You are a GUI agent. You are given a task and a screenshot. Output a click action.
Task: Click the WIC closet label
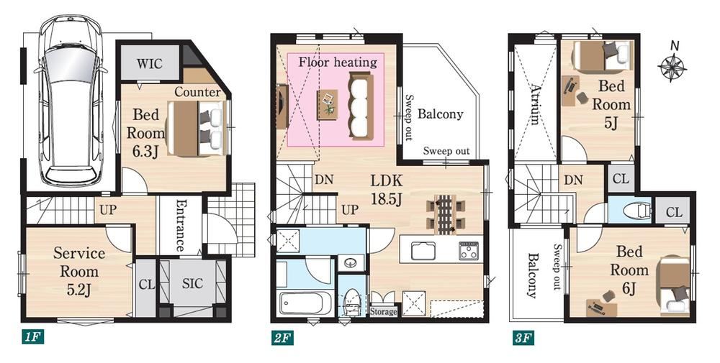[149, 63]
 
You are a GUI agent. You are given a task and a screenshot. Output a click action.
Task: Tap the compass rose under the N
[672, 67]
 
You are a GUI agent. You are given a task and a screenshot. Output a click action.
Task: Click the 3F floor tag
[523, 339]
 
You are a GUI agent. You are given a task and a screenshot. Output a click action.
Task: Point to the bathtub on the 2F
[305, 303]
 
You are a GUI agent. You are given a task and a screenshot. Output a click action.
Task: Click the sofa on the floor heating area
[361, 106]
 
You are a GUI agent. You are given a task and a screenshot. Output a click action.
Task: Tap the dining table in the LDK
[444, 214]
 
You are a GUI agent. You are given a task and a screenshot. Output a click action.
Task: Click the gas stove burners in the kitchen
[469, 251]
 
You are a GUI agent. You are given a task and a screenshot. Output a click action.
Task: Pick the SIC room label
[192, 284]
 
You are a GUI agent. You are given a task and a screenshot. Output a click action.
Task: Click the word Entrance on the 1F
[181, 226]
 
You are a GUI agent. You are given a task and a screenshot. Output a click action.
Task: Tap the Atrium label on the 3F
[534, 104]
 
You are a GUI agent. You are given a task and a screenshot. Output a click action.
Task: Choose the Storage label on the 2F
[384, 312]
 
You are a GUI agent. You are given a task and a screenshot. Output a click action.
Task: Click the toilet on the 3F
[637, 211]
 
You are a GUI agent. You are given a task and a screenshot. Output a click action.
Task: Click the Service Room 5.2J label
[79, 271]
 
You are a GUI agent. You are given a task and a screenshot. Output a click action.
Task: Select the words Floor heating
[338, 62]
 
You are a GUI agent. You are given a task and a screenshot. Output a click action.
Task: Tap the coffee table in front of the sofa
[328, 104]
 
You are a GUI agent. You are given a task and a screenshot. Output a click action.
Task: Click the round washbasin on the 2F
[351, 263]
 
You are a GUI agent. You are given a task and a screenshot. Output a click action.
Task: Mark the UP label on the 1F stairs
[108, 210]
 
